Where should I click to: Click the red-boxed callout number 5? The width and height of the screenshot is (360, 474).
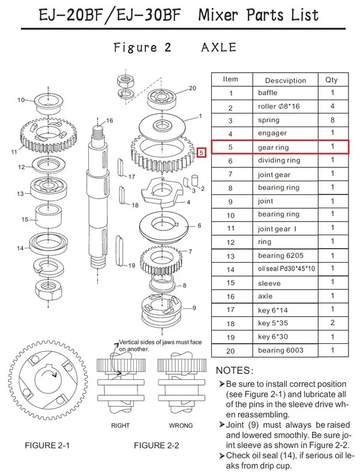(201, 152)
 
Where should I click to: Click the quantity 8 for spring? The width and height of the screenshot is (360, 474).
(332, 120)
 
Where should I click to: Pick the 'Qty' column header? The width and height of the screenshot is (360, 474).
(332, 79)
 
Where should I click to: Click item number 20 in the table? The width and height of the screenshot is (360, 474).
(230, 350)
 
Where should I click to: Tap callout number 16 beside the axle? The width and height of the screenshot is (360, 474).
(109, 121)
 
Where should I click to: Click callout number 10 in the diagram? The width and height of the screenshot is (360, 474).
(21, 100)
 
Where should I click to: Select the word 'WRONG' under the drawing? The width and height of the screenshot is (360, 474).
(181, 425)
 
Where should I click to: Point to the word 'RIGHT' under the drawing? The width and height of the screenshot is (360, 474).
(121, 425)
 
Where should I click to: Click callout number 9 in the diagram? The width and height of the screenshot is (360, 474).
(194, 308)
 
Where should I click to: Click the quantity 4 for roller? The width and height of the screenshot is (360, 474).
(332, 107)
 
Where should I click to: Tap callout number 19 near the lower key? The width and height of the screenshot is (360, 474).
(131, 265)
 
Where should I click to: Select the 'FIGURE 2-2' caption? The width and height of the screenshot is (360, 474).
(157, 446)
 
